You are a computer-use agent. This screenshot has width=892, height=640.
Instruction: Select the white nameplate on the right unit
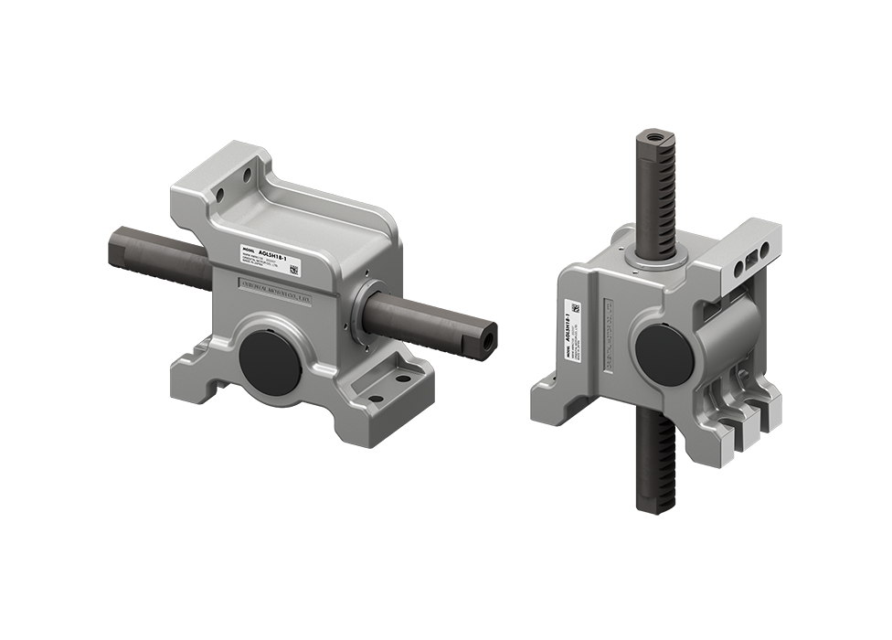click(575, 329)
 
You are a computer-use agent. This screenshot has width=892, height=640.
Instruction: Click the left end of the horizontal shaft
click(114, 245)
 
